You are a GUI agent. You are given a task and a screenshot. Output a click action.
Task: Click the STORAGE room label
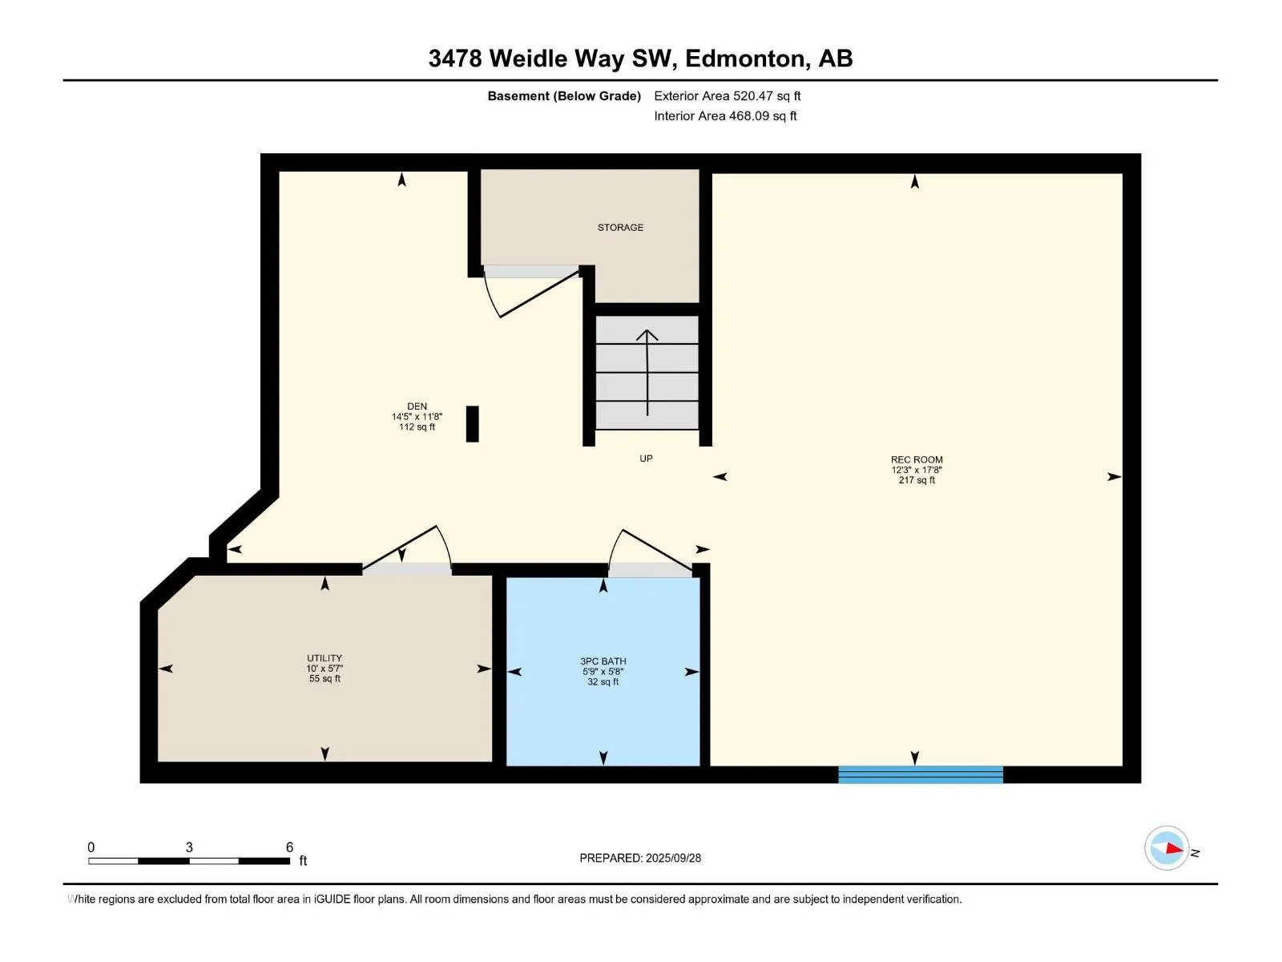pyautogui.click(x=619, y=227)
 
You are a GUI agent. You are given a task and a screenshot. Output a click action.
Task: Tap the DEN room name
pyautogui.click(x=417, y=406)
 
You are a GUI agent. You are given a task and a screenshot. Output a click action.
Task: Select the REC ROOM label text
pyautogui.click(x=917, y=459)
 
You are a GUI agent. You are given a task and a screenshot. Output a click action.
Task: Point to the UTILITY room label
pyautogui.click(x=325, y=657)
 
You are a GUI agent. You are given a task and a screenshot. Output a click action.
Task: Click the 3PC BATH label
pyautogui.click(x=603, y=661)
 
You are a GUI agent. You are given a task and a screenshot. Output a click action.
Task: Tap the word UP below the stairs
pyautogui.click(x=645, y=459)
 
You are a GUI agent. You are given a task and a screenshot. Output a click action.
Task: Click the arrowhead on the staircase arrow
pyautogui.click(x=647, y=335)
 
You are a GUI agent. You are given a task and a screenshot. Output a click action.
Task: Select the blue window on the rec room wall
pyautogui.click(x=921, y=774)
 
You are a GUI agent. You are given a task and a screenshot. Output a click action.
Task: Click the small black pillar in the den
pyautogui.click(x=472, y=424)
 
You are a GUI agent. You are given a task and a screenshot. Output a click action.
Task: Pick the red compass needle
pyautogui.click(x=1174, y=849)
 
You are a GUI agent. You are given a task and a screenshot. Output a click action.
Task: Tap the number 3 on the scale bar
pyautogui.click(x=189, y=847)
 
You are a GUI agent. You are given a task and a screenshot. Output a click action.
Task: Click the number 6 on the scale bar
pyautogui.click(x=289, y=847)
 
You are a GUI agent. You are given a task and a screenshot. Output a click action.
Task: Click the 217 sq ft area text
pyautogui.click(x=917, y=480)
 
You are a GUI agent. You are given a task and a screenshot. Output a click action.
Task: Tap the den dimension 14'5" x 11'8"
pyautogui.click(x=417, y=416)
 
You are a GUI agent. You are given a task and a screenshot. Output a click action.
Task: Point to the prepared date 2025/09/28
pyautogui.click(x=673, y=858)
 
